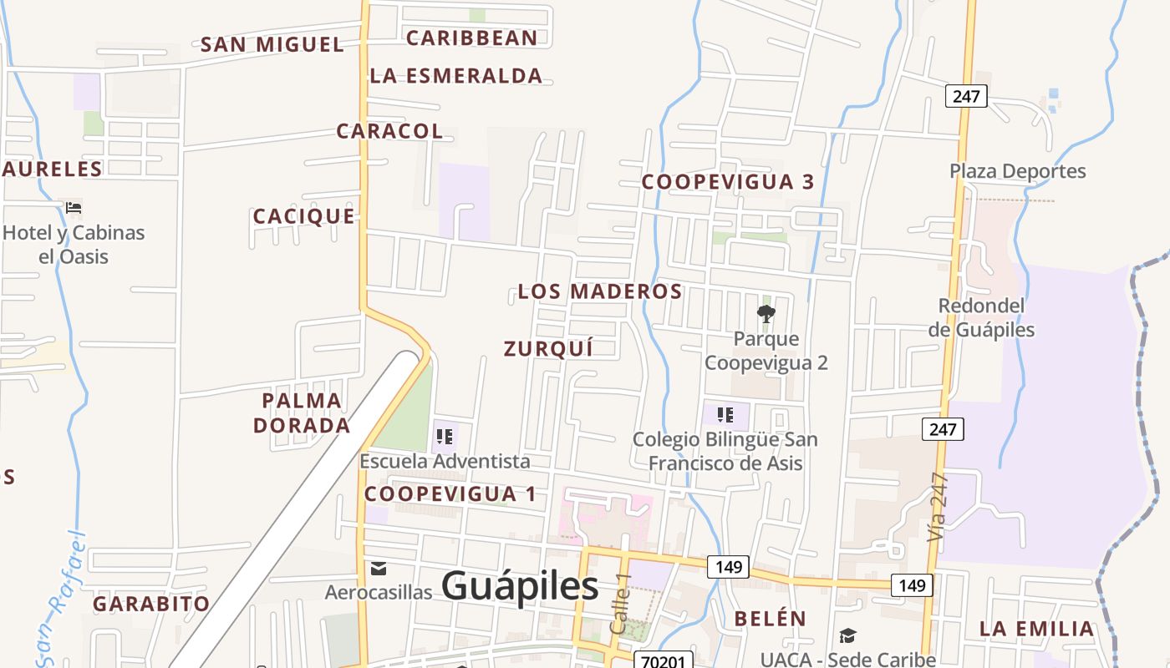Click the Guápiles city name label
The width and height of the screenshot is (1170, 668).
[519, 586]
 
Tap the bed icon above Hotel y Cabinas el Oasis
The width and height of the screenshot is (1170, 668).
[74, 207]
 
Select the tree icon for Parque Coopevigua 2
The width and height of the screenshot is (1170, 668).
[766, 314]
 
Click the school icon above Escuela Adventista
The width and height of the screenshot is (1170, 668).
[445, 436]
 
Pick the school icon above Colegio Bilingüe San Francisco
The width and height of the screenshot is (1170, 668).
[725, 414]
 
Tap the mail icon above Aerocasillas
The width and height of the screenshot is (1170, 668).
[379, 569]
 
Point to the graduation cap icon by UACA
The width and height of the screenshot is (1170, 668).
[847, 636]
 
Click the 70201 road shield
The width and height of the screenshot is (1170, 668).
[663, 661]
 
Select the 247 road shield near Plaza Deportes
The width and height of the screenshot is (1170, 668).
[966, 96]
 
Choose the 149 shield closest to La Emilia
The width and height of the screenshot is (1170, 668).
[912, 585]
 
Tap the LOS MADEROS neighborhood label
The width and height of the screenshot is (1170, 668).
[600, 291]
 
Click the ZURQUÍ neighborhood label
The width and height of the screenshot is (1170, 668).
[548, 349]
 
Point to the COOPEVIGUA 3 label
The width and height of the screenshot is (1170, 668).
[728, 182]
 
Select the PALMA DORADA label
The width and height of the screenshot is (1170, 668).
[302, 413]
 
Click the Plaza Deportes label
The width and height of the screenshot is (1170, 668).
[1017, 171]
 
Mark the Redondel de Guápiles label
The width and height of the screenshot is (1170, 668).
[981, 317]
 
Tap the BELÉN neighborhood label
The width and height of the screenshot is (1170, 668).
[770, 619]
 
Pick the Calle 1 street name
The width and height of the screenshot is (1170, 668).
[619, 603]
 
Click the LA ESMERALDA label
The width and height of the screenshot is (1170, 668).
[456, 76]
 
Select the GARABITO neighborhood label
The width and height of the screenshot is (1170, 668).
[151, 604]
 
